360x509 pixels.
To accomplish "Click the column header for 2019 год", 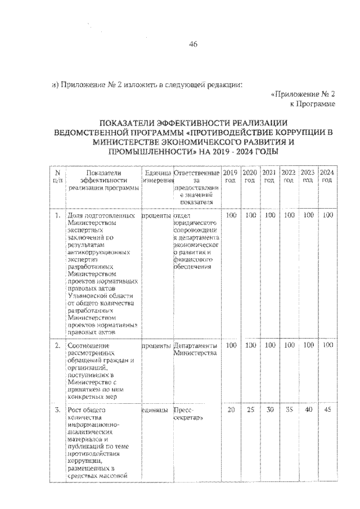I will coord(229,175).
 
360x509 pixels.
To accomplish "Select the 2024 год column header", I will coord(326,175).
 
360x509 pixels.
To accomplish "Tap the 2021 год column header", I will coord(269,175).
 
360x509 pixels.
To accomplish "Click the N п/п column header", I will coord(57,175).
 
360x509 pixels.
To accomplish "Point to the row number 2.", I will coord(57,345).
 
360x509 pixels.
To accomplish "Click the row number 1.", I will coord(57,215).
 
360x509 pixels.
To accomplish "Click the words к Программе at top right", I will coord(313,104).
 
